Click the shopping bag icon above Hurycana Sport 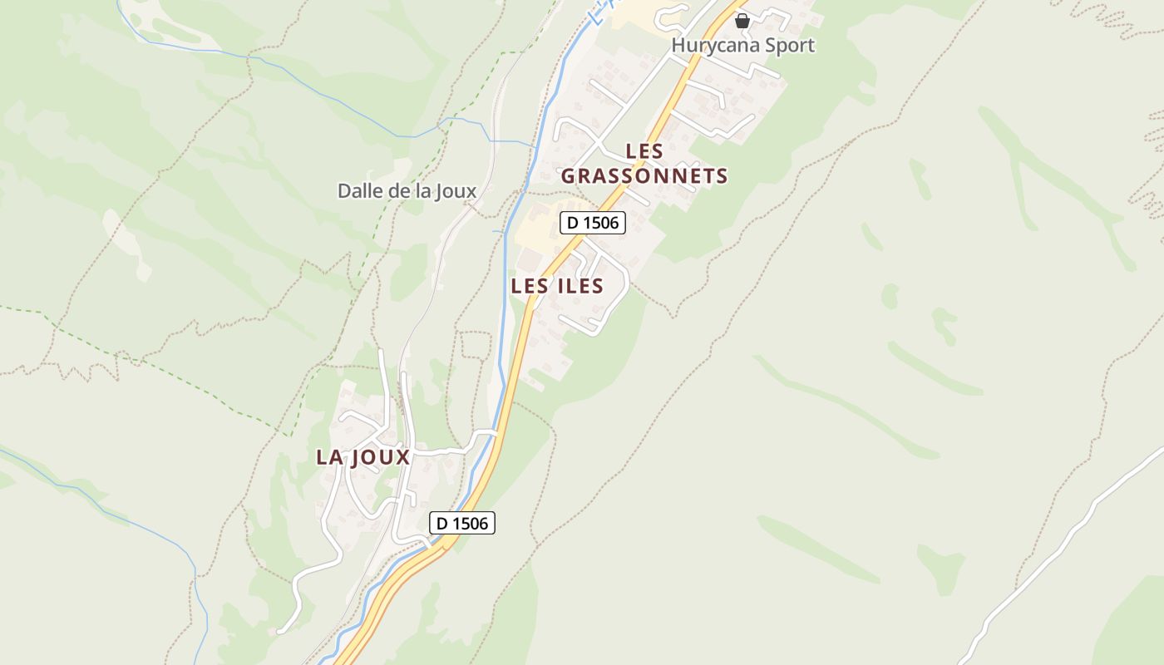742,20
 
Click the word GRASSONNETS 644,176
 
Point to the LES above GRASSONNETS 644,151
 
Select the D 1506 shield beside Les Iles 592,223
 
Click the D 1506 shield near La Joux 462,523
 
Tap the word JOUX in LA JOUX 381,457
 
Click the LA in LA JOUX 329,457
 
